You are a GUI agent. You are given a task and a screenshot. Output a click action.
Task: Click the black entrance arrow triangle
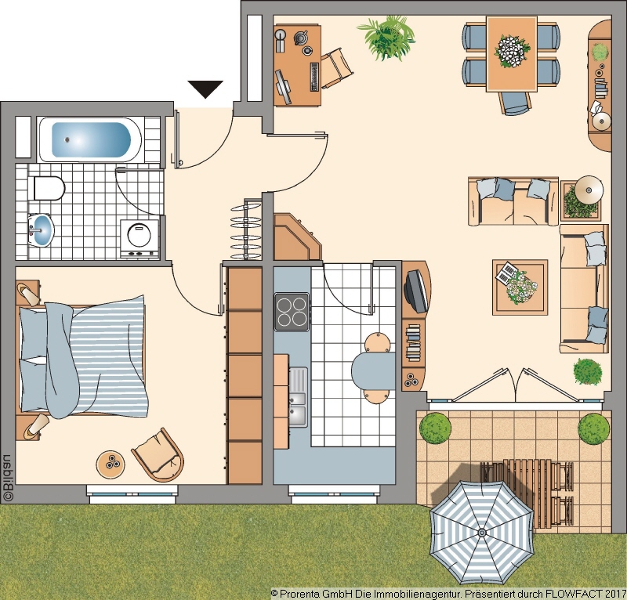[205, 89]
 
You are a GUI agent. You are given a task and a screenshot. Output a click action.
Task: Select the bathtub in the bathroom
[90, 139]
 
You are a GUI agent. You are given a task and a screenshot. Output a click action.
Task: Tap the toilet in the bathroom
[49, 188]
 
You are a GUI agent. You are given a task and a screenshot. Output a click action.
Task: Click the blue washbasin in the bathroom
[41, 230]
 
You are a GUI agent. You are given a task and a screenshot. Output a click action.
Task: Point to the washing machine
[140, 239]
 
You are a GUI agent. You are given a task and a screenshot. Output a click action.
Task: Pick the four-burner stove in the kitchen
[292, 312]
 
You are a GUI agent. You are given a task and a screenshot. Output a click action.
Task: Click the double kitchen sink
[298, 397]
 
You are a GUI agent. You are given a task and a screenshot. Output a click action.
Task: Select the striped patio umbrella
[482, 533]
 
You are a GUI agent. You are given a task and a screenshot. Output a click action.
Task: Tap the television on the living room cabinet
[416, 291]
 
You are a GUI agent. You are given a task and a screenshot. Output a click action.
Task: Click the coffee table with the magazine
[520, 287]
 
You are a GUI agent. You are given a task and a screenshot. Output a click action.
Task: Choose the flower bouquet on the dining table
[512, 51]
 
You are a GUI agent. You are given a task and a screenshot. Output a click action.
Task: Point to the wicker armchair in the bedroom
[158, 454]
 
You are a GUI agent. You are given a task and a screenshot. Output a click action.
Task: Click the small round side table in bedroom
[111, 464]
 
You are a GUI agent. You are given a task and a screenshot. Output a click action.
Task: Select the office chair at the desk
[336, 68]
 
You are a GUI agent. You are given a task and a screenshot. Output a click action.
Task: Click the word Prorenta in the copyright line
[297, 594]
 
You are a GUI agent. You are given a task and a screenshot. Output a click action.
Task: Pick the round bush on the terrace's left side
[435, 428]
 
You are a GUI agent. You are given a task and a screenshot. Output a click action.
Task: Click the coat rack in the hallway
[245, 230]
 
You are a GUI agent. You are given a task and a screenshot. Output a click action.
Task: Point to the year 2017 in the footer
[616, 594]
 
